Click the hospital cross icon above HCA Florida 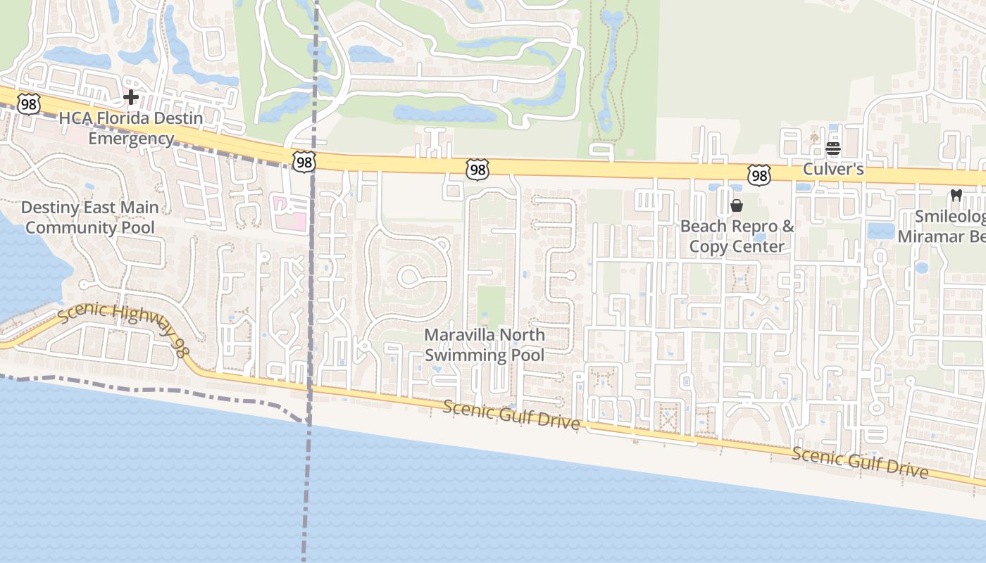point(131,97)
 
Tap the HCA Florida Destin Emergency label point(131,128)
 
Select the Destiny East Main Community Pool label point(89,217)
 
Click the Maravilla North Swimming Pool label point(485,345)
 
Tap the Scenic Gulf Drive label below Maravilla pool point(511,415)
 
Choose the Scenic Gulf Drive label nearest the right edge point(860,462)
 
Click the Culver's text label point(833,170)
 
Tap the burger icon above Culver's point(833,148)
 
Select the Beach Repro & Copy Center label point(737,236)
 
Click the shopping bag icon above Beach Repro point(737,205)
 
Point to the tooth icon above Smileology point(956,195)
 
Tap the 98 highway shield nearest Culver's point(759,175)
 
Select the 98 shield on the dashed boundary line point(304,163)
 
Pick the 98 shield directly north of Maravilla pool point(477,169)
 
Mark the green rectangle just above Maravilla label point(491,305)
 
